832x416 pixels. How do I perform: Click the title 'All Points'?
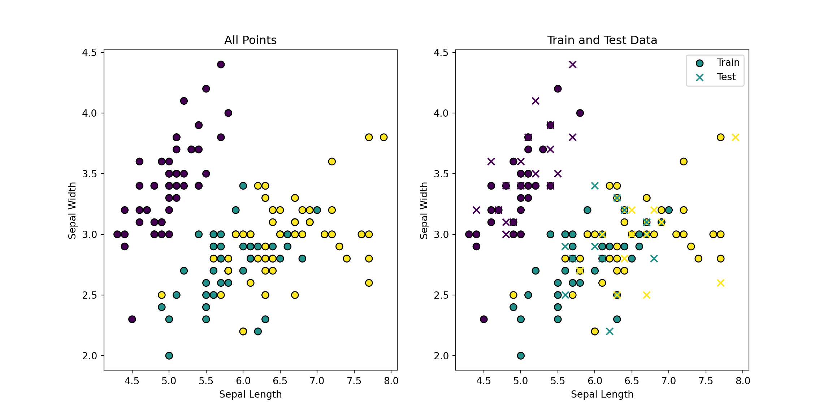point(250,40)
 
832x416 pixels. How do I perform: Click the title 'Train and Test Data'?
point(602,40)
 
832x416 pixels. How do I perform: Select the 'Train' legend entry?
point(728,62)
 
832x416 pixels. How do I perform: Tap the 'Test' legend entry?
point(726,77)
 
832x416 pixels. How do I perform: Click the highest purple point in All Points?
point(221,65)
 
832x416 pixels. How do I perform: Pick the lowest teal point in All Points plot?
point(169,356)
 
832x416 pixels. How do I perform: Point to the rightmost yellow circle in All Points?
point(383,137)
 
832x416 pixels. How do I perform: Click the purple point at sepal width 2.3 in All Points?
point(132,319)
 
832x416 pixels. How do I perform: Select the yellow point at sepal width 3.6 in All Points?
point(332,161)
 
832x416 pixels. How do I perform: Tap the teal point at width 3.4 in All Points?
point(243,186)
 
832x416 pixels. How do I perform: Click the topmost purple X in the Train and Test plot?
point(573,65)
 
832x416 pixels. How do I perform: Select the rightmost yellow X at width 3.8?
point(735,137)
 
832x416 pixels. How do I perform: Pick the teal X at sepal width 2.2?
point(610,331)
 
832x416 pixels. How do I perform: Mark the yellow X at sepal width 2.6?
point(720,283)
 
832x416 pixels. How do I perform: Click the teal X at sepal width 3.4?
point(595,186)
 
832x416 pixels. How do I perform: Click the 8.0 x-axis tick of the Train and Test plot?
point(743,381)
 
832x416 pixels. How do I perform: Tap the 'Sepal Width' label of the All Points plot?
point(72,210)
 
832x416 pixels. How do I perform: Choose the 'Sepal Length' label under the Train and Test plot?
point(602,394)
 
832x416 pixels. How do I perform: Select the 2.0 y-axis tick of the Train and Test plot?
point(441,356)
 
